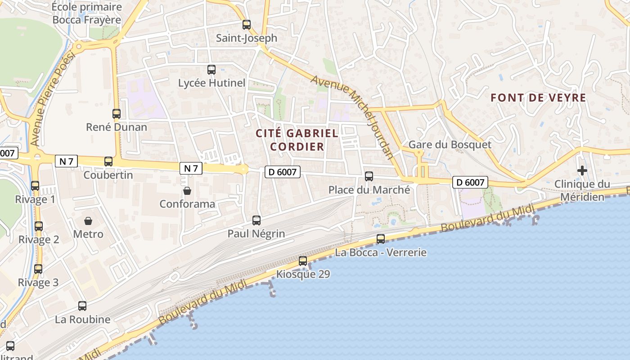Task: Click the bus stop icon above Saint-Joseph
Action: [x=246, y=25]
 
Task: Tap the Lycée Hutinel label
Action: [x=211, y=83]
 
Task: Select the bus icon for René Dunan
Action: [x=117, y=114]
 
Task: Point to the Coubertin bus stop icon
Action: [x=108, y=162]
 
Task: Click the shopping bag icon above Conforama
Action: [x=187, y=191]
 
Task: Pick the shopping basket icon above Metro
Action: [x=88, y=221]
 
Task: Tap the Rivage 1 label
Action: [x=35, y=199]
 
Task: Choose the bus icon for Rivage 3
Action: [x=38, y=269]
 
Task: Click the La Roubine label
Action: [x=82, y=319]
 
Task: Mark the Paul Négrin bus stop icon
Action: [x=256, y=220]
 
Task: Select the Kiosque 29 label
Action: [x=303, y=274]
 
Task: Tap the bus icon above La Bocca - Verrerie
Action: [x=381, y=239]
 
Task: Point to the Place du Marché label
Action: [x=369, y=190]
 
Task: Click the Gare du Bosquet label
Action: [x=450, y=145]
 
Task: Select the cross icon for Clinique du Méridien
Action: [x=582, y=171]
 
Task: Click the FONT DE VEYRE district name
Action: [x=538, y=98]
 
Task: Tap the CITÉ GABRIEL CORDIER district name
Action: [x=297, y=139]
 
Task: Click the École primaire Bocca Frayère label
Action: [x=87, y=13]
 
